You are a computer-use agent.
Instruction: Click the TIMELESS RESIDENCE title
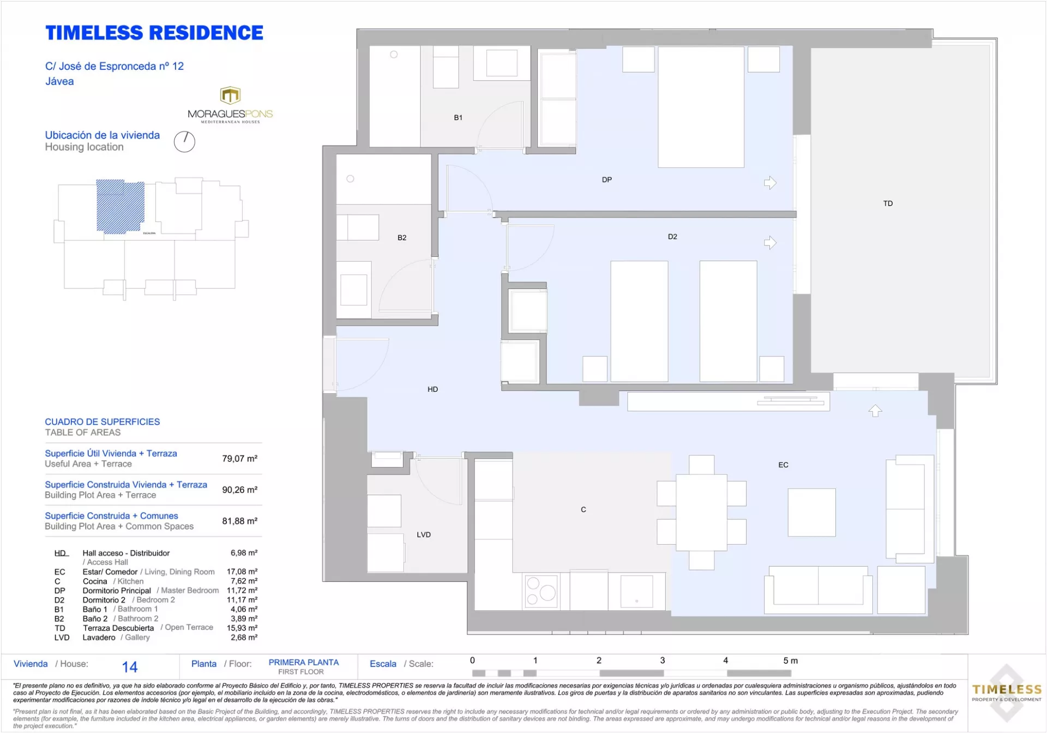154,33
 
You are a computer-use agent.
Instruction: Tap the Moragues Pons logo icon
230,95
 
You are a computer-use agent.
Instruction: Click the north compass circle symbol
184,142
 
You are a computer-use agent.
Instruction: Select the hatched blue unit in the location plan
121,207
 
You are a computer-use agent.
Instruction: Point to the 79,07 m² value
239,459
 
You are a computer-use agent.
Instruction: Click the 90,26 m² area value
239,490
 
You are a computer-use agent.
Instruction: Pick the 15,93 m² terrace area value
242,628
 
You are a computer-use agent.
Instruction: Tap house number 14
130,667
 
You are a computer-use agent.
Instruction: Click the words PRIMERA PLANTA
304,662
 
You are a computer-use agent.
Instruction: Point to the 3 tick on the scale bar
663,660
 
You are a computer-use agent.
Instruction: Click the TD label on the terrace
888,203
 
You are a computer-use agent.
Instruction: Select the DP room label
607,179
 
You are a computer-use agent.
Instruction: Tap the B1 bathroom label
458,117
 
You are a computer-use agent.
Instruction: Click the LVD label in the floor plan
424,534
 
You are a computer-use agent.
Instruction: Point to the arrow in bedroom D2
770,243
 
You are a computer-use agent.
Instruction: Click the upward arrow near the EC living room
875,411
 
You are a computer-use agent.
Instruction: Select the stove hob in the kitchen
540,591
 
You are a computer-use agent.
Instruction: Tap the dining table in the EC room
702,513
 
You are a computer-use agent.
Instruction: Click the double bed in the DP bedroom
701,107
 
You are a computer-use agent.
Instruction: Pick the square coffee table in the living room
811,512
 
